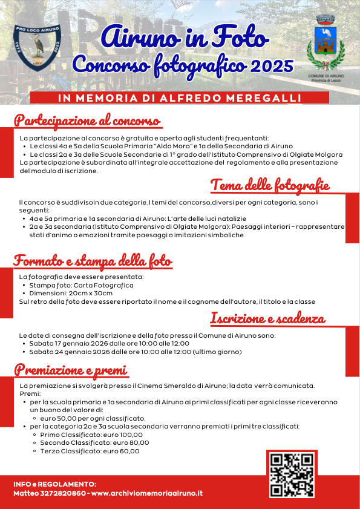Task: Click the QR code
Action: click(x=292, y=475)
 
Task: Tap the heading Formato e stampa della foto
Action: click(x=93, y=261)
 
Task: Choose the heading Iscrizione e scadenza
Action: click(x=267, y=318)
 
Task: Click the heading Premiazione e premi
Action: click(x=71, y=369)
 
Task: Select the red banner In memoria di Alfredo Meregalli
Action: click(x=180, y=98)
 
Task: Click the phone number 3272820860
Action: click(x=62, y=493)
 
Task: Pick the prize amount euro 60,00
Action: click(x=120, y=451)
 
